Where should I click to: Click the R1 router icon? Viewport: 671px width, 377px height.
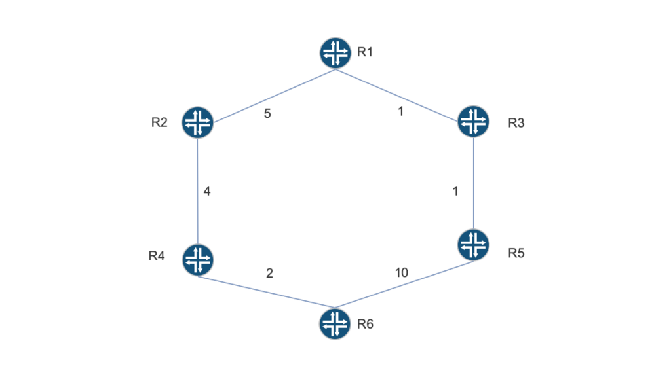pos(335,53)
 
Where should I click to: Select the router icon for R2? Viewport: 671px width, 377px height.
pos(198,122)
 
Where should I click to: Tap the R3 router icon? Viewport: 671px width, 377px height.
pos(473,121)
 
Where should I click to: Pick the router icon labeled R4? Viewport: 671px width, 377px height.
pos(198,260)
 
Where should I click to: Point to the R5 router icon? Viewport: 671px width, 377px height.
pos(473,245)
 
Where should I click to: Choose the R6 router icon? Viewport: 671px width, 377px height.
pos(335,323)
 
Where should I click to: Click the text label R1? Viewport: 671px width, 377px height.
pos(365,52)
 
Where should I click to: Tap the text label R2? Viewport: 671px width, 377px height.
pos(159,122)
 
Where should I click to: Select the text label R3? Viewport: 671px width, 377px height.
pos(516,123)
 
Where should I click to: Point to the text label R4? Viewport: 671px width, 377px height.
pos(157,256)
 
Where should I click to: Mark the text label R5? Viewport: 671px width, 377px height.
pos(516,253)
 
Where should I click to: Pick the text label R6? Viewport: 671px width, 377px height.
pos(365,324)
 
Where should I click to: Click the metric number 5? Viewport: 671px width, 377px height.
pos(267,114)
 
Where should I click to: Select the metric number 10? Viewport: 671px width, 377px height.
pos(402,273)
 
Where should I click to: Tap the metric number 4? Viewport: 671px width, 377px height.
pos(207,191)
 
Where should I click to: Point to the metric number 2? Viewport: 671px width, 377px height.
pos(269,273)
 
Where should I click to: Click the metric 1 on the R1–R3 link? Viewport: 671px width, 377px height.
pos(400,111)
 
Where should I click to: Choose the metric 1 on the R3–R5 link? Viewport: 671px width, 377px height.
pos(455,191)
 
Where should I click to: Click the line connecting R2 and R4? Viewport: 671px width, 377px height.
pos(198,191)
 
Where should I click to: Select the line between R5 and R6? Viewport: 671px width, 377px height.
pos(404,284)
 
